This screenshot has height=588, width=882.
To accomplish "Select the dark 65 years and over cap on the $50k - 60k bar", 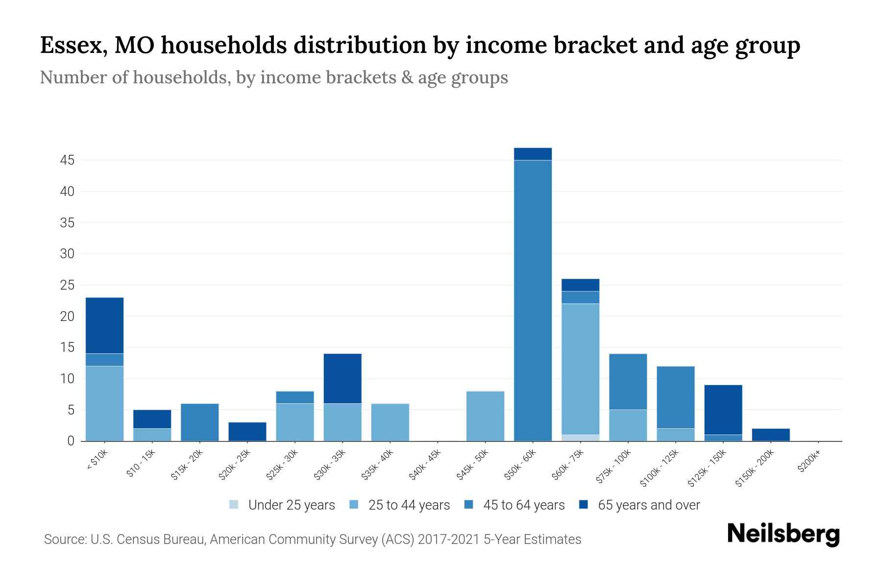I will (x=533, y=154).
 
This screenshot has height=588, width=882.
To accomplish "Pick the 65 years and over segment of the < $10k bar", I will (x=104, y=325).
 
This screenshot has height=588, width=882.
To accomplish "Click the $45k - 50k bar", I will (x=485, y=416).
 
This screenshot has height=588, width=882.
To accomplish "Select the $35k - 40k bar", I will (x=390, y=422).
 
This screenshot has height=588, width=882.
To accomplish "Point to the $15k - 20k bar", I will (x=199, y=422).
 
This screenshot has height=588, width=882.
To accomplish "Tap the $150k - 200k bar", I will (x=770, y=435).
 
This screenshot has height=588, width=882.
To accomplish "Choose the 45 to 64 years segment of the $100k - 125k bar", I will (x=675, y=397).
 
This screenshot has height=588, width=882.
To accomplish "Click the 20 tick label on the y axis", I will (x=67, y=317).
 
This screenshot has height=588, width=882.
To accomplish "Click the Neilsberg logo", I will (x=783, y=534).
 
